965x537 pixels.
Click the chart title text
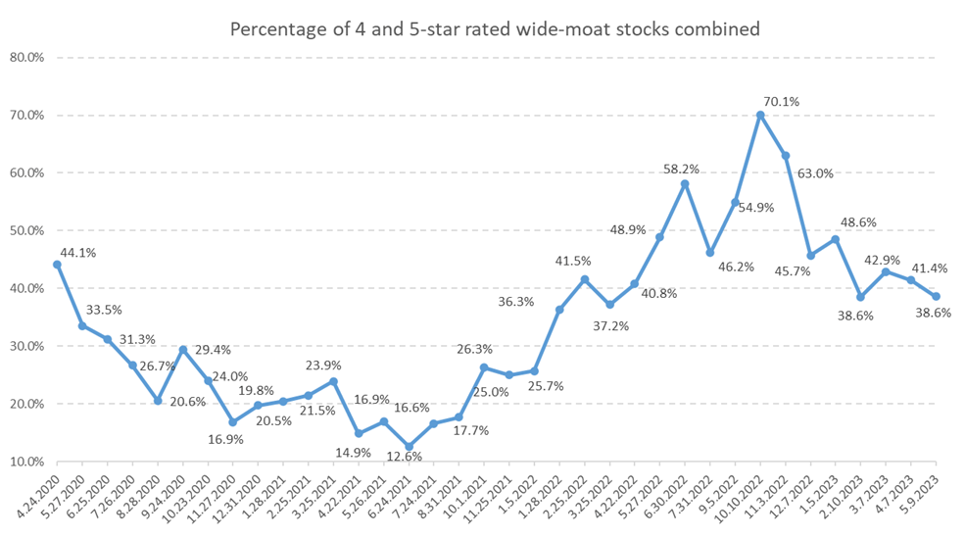tap(495, 29)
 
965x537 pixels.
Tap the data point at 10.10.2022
tap(760, 115)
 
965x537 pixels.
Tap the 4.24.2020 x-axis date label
tap(38, 495)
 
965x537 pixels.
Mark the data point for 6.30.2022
tap(685, 184)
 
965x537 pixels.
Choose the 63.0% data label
tap(816, 173)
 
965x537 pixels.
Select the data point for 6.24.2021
tap(409, 447)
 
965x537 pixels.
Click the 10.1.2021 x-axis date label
tap(466, 495)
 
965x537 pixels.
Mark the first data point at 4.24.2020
tap(57, 265)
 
